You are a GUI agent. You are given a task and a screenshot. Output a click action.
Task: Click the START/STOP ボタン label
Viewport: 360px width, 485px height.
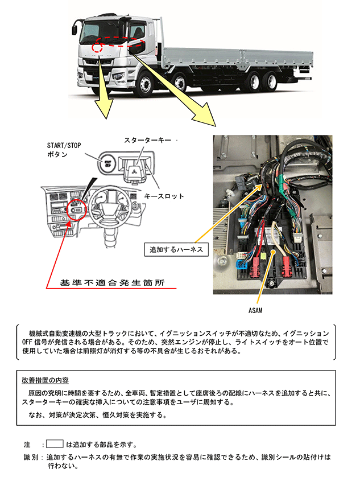pos(64,150)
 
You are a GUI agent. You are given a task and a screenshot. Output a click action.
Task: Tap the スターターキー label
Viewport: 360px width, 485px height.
pos(147,141)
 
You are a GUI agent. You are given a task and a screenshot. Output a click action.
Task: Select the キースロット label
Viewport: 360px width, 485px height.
pos(164,196)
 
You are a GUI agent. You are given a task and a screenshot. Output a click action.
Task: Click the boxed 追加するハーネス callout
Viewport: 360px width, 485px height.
pos(176,249)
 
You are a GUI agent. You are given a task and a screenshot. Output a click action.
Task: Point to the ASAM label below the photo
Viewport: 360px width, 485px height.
pos(255,310)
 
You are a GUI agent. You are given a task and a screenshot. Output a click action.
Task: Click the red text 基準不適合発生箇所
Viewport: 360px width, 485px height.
pos(112,283)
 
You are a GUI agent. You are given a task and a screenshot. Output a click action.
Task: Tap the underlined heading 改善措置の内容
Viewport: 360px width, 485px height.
pos(45,380)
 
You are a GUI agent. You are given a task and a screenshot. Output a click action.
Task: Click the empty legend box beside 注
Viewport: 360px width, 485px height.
pos(55,444)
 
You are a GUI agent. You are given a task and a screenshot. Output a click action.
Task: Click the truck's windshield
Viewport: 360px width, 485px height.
pos(102,32)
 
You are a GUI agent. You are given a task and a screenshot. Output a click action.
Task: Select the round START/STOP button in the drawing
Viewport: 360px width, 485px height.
pos(107,163)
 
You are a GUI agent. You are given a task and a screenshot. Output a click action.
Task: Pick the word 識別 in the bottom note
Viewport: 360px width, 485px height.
pos(31,457)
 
